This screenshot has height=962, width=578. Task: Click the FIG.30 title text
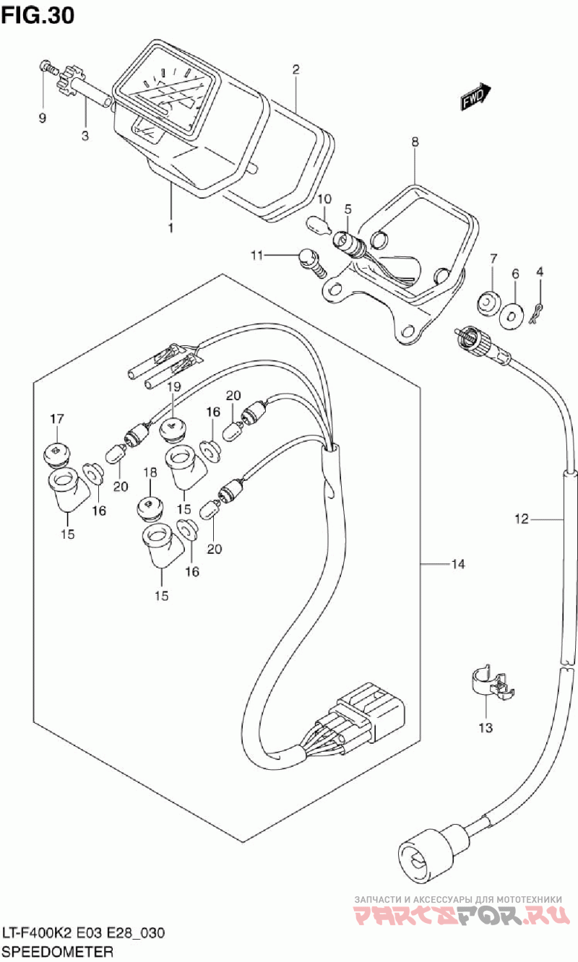pos(38,14)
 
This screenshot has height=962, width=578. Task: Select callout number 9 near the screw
pos(43,118)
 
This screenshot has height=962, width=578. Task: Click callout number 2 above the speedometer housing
pos(296,70)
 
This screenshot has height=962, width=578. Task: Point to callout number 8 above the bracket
pos(415,143)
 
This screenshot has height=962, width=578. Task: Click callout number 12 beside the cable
pos(522,518)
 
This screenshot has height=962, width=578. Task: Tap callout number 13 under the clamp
pos(486,727)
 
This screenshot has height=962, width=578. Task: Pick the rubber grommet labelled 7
pos(491,301)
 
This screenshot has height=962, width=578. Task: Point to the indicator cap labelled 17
pos(56,451)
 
